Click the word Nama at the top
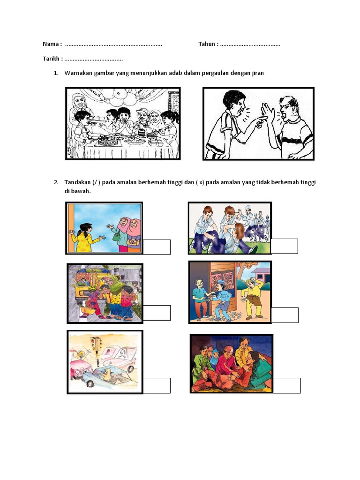click(50, 44)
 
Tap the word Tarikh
click(51, 59)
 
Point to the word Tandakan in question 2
click(77, 182)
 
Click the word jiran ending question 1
click(258, 73)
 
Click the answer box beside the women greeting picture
click(157, 247)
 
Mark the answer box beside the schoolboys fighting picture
click(285, 247)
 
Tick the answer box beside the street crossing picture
click(157, 313)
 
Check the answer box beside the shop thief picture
click(285, 315)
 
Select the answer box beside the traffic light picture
click(157, 386)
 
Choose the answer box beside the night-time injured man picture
click(286, 386)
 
